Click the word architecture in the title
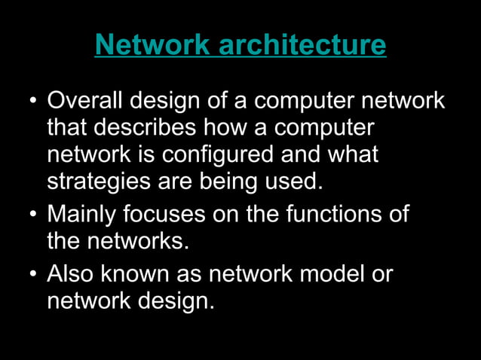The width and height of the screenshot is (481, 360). [302, 45]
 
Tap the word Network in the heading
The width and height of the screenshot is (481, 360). [152, 45]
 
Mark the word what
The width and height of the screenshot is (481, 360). [351, 155]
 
